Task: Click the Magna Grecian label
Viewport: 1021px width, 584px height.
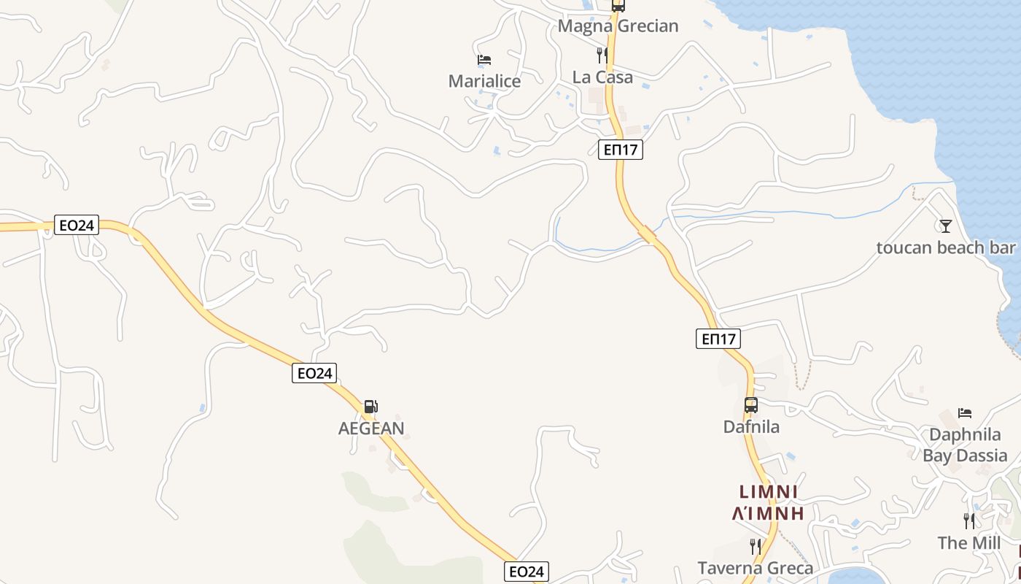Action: coord(618,26)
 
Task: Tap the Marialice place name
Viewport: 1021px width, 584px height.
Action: coord(484,81)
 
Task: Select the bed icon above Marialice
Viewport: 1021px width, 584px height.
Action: coord(484,59)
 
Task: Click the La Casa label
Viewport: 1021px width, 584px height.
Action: coord(602,77)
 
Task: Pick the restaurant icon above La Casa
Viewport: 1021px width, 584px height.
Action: coord(602,55)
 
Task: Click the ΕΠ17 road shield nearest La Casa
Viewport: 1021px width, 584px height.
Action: coord(621,150)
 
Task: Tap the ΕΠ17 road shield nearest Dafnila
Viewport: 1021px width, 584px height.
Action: coord(718,339)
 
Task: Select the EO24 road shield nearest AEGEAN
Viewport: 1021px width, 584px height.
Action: coord(315,373)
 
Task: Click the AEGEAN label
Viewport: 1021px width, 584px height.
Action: coord(371,429)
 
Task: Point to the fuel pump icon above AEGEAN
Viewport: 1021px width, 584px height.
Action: coord(371,407)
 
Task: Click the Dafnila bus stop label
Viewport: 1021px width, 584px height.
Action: coord(751,427)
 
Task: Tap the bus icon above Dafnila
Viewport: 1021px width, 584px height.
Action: coord(751,405)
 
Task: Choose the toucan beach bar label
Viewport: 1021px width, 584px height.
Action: coord(946,248)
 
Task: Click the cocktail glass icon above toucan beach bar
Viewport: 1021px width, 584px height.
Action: coord(946,226)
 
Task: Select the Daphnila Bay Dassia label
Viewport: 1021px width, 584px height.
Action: coord(965,445)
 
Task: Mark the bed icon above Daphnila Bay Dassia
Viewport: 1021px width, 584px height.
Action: coord(965,413)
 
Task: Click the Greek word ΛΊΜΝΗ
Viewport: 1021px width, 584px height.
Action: coord(768,513)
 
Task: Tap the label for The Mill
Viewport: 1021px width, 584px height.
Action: coord(969,543)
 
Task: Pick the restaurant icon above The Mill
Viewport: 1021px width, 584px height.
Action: coord(969,521)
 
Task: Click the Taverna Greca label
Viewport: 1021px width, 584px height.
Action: coord(755,568)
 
